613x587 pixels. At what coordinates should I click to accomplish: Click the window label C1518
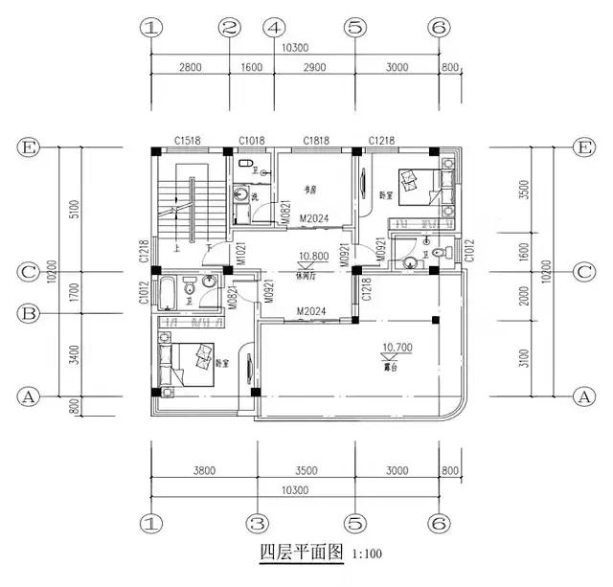pos(187,141)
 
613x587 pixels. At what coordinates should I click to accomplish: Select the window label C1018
pos(252,141)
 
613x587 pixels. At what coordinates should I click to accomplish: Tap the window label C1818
pos(317,141)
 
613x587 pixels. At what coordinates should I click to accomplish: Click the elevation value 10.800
pos(313,257)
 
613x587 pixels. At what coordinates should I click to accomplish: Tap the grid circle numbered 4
pos(273,28)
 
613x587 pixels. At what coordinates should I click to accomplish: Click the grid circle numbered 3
pos(256,524)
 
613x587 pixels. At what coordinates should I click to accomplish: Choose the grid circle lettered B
pos(29,312)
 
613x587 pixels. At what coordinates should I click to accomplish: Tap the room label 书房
pos(310,188)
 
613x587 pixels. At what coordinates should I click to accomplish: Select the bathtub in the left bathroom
pos(168,291)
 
